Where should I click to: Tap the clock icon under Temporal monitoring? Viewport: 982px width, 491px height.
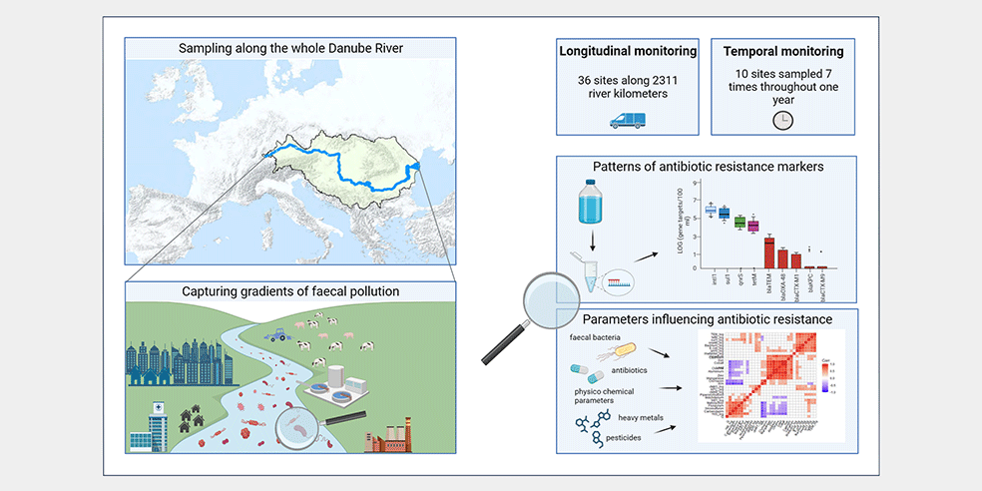[782, 119]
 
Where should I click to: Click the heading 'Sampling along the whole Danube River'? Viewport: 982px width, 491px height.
[289, 48]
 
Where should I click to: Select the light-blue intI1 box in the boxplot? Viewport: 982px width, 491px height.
[711, 210]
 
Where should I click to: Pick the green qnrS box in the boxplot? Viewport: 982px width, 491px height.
[739, 223]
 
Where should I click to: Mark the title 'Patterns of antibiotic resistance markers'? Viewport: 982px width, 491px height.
[707, 165]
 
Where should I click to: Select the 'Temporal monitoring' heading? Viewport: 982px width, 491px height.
[782, 50]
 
